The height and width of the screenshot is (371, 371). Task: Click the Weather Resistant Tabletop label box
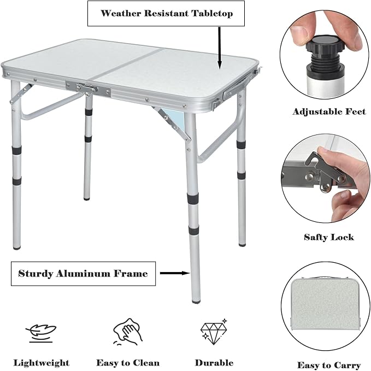tap(166, 14)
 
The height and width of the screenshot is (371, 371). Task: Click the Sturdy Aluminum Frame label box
tap(83, 273)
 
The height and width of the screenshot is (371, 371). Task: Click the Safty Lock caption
tap(328, 237)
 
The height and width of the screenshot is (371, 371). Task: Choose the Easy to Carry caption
tap(328, 365)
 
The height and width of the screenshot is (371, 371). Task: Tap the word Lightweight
tap(42, 362)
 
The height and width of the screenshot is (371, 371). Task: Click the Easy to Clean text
tap(128, 362)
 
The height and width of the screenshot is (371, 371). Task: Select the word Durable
tap(214, 362)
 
